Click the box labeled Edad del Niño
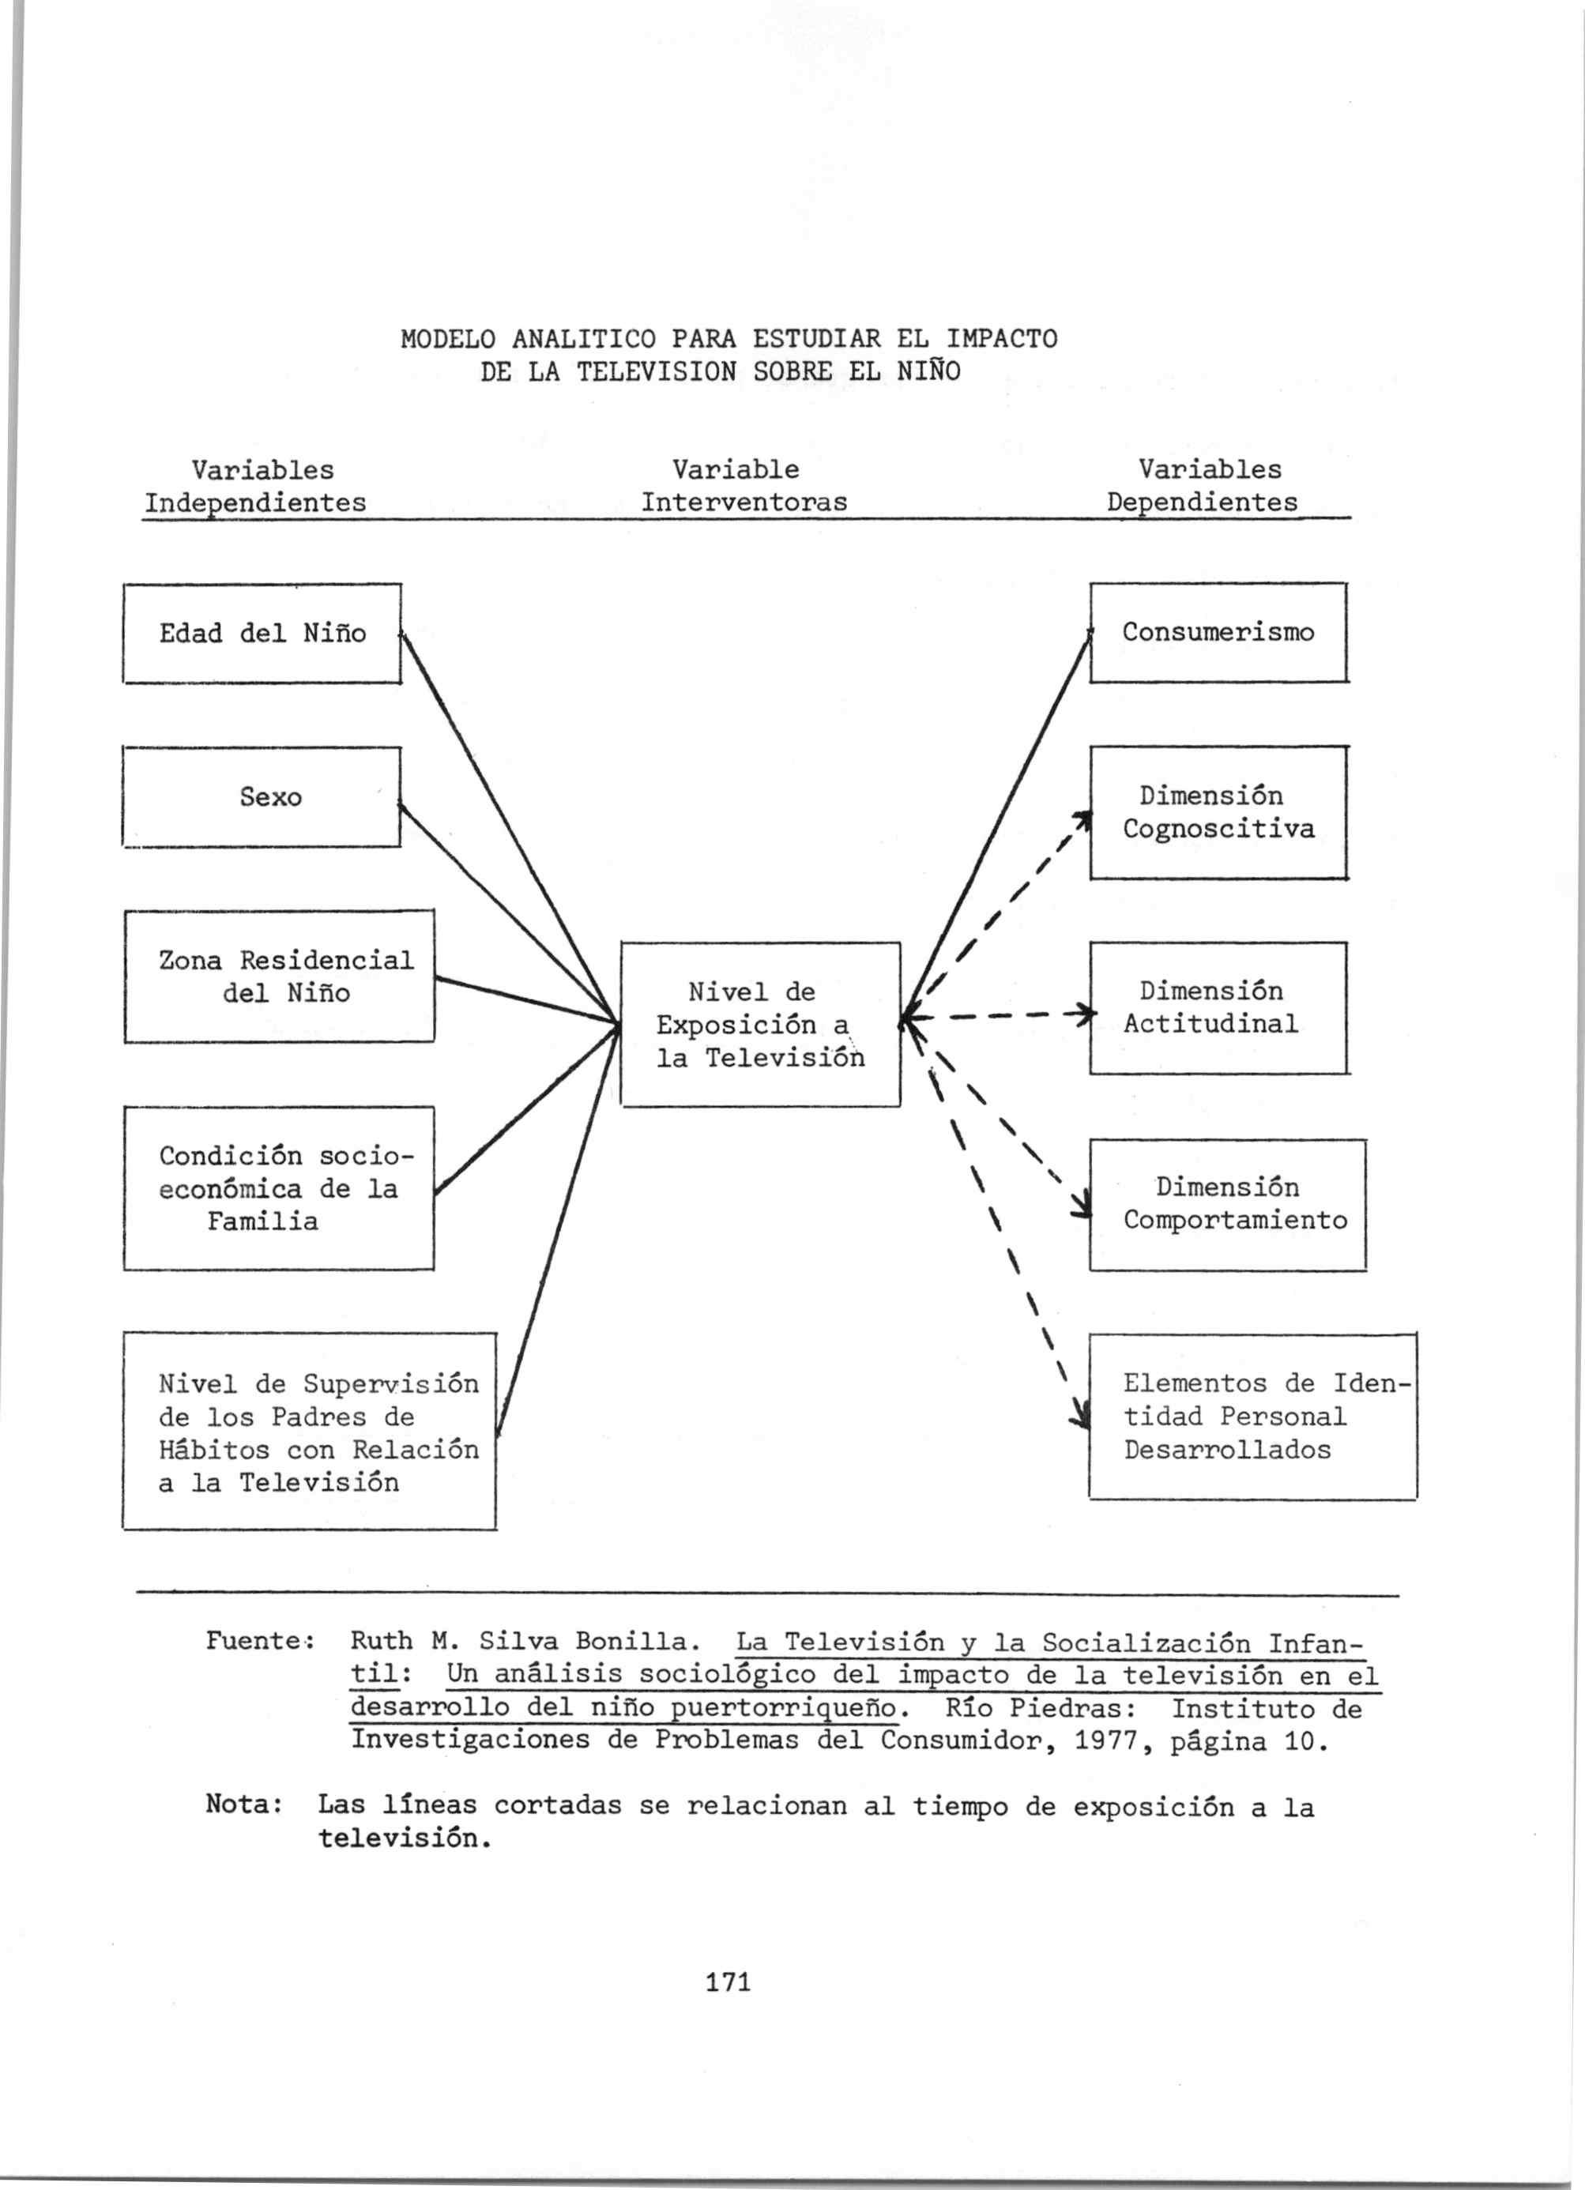coord(261,634)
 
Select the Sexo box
coord(261,796)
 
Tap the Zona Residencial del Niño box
coord(279,976)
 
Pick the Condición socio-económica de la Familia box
coord(278,1187)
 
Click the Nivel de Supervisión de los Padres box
coord(309,1432)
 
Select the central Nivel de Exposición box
coord(760,1025)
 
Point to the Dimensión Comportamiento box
coord(1228,1204)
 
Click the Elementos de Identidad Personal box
coord(1252,1417)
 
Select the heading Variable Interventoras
coord(744,487)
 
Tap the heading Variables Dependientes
coord(1204,487)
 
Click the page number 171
coord(728,1982)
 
